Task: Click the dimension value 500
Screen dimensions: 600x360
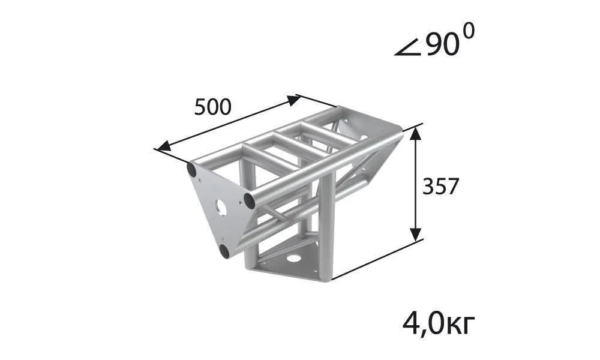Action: [x=213, y=107]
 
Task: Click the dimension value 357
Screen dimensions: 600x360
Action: [x=440, y=187]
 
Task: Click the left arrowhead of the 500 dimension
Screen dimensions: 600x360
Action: [x=163, y=146]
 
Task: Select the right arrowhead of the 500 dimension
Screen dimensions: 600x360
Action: [x=294, y=100]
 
